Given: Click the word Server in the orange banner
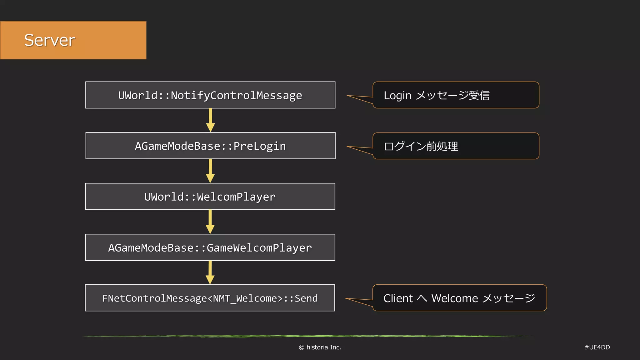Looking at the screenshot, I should [49, 40].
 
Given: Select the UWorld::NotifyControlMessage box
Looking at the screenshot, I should [210, 95].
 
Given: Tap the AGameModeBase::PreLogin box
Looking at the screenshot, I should [210, 146].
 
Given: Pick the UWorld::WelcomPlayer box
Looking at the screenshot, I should [210, 197].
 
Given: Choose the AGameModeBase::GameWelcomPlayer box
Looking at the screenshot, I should [210, 247].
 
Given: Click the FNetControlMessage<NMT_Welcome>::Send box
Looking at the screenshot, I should [210, 298].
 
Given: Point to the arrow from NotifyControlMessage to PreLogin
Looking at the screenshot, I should [210, 121].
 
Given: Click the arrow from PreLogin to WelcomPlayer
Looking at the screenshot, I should [210, 171].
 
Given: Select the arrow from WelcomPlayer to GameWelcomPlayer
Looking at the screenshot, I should [210, 222].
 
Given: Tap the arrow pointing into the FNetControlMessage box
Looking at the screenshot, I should [210, 273].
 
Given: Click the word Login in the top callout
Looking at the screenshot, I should [397, 96].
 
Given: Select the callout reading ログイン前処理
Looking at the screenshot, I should [456, 146].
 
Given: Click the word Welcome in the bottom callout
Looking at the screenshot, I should [454, 298].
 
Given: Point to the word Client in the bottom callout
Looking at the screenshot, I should [398, 298].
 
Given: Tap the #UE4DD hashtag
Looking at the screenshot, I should [597, 347].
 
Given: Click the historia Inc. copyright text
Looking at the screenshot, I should [323, 347].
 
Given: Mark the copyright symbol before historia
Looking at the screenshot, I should [301, 347].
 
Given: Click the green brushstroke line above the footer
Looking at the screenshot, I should [308, 336].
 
